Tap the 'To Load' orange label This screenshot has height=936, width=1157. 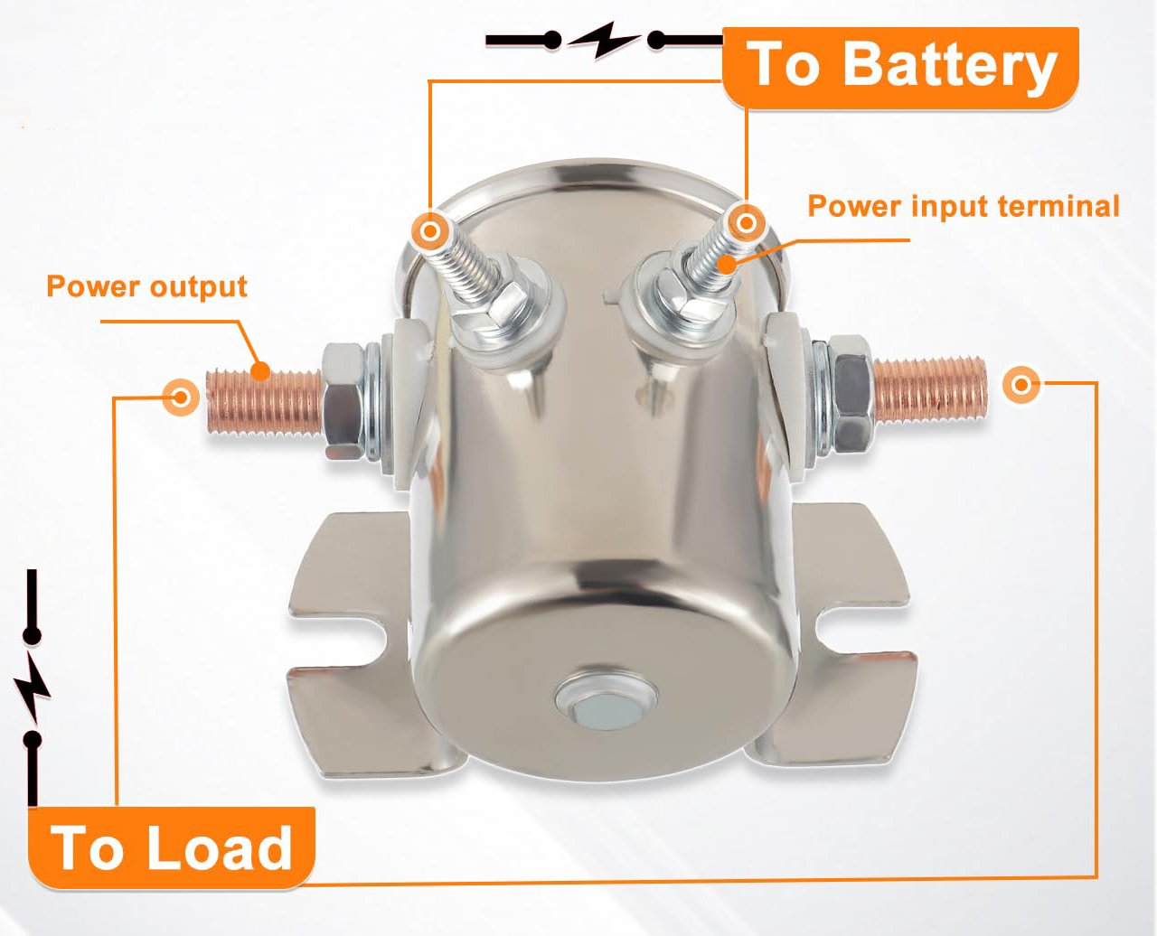tap(172, 847)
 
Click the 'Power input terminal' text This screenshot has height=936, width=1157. tap(963, 206)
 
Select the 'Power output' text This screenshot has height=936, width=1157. tap(146, 286)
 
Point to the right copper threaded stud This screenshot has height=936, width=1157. tap(931, 388)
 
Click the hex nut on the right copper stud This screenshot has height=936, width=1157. tap(852, 392)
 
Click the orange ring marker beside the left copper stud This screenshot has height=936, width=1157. tap(181, 396)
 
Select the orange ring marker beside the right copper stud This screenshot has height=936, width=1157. tap(1021, 386)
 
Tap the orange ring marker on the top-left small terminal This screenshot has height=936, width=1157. tap(431, 231)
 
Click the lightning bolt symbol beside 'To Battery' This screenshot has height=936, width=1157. tap(605, 40)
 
